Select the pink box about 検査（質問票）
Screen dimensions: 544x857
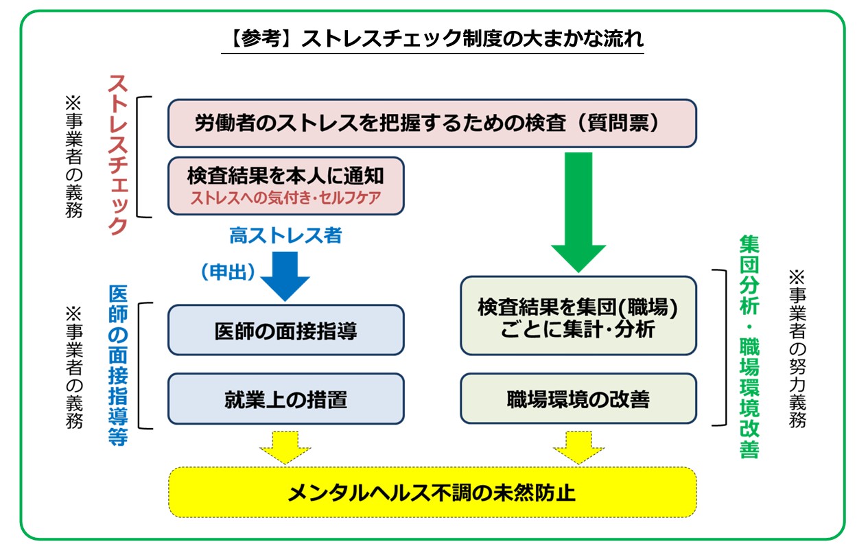click(x=432, y=123)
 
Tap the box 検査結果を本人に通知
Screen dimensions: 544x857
click(x=285, y=176)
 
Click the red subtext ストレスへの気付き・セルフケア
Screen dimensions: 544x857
click(x=285, y=199)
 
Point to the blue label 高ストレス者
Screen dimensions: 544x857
click(x=285, y=236)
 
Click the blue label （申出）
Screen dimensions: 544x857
click(x=228, y=272)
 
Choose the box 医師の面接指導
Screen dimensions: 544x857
click(x=285, y=331)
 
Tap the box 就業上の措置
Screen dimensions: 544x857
click(x=285, y=399)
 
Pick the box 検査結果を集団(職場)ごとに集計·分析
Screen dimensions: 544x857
click(x=578, y=316)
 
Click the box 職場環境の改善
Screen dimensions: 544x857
click(x=578, y=399)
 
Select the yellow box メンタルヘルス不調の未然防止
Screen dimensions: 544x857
click(x=432, y=493)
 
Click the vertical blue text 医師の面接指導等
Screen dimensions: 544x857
click(x=118, y=365)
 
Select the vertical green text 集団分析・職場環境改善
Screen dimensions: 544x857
click(x=749, y=347)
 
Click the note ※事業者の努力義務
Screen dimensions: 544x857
click(x=796, y=349)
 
